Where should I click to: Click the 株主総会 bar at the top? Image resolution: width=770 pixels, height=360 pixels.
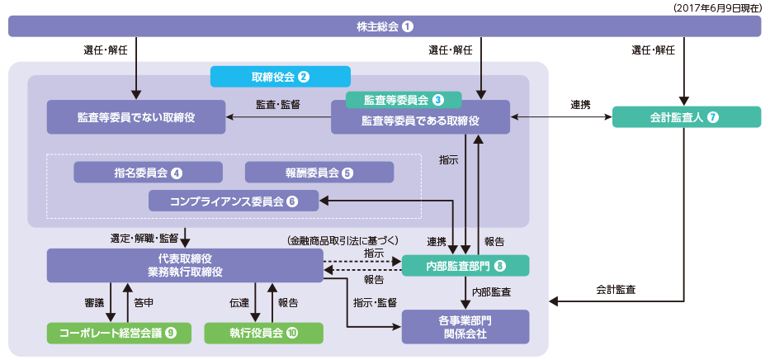coord(385,26)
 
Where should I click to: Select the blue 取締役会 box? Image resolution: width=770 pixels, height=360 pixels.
coord(281,77)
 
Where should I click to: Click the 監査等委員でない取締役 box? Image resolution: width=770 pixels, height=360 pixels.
coord(136,117)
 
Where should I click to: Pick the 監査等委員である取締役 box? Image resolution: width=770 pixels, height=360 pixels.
coord(420,121)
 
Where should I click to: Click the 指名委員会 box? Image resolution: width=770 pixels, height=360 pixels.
coord(149,172)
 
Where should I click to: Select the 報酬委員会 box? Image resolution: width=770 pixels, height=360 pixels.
coord(319,173)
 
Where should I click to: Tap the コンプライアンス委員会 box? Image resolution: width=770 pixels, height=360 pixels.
coord(234,200)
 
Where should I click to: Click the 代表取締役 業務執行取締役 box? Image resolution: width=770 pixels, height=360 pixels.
coord(184,265)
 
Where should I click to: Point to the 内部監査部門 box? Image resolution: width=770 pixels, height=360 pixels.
coord(465,265)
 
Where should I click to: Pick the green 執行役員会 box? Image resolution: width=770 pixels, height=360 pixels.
coord(263,333)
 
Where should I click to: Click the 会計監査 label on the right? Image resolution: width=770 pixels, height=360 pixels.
coord(616,290)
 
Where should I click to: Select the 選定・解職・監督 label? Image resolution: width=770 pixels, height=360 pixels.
coord(144,238)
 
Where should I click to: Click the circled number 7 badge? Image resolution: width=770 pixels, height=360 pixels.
coord(713,117)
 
